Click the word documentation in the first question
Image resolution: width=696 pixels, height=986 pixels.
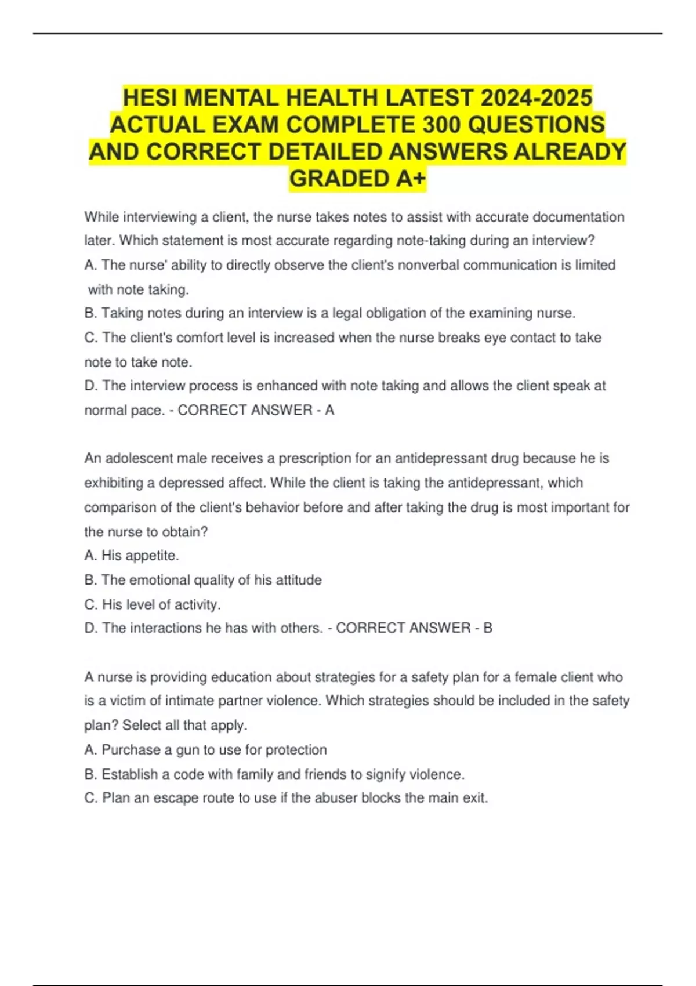click(578, 217)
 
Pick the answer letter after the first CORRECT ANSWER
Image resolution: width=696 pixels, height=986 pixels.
click(329, 410)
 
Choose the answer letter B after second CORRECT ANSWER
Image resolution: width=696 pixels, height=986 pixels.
click(488, 628)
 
